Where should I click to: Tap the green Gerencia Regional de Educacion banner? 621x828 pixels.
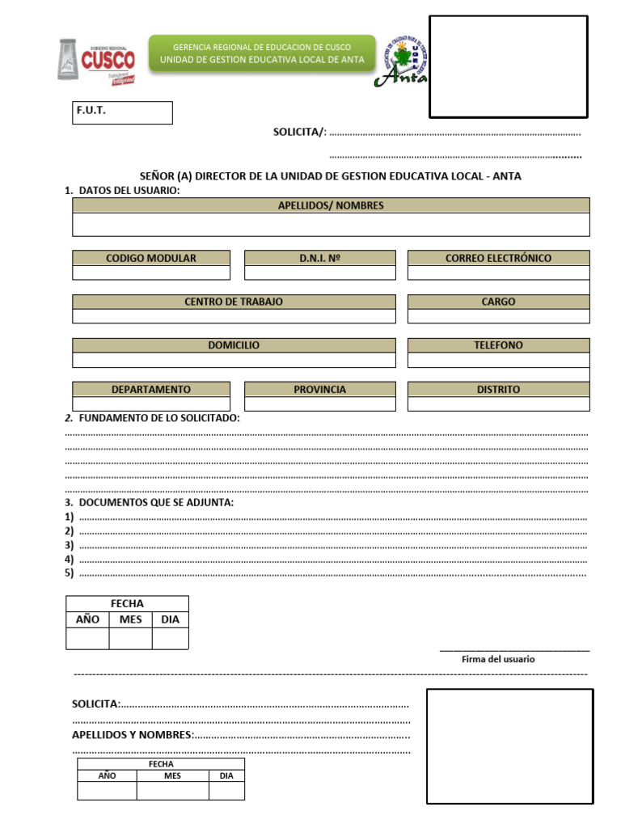pos(262,53)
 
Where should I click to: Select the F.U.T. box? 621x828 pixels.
pos(122,112)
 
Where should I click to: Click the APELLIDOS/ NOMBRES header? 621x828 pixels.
pos(331,205)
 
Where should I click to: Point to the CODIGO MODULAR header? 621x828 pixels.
pos(151,258)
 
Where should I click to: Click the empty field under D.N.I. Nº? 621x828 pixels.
pos(320,273)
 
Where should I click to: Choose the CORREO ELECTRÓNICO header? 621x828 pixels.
pos(498,258)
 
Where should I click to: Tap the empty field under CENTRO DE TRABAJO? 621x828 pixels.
pos(234,317)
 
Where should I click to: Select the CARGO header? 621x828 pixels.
pos(498,302)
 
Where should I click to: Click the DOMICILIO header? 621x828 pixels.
pos(234,345)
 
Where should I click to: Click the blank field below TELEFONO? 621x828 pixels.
pos(498,361)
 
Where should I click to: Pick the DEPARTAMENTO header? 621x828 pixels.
pos(151,389)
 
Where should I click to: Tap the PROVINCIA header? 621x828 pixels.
pos(320,389)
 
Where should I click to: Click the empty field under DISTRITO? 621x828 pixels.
pos(498,404)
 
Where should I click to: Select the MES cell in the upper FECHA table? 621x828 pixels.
pos(130,619)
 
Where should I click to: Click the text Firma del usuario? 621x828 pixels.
pos(498,659)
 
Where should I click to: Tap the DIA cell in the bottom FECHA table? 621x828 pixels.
pos(226,775)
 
